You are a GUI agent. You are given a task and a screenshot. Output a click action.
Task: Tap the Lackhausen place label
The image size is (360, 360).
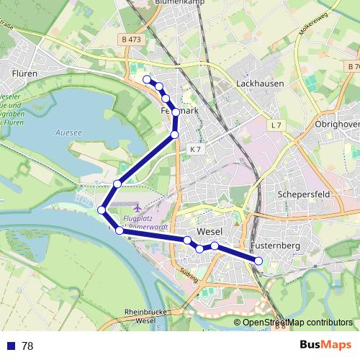point(260,84)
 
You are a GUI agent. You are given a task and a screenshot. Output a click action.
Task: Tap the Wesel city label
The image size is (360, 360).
point(209,232)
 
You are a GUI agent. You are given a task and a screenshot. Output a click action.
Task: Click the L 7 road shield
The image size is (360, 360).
point(277,126)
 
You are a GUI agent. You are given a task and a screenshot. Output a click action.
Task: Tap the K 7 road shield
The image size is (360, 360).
point(197,149)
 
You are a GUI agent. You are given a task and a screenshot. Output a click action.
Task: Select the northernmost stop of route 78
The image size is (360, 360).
point(147,79)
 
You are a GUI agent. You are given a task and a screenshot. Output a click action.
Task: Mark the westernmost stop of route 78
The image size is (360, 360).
point(102,210)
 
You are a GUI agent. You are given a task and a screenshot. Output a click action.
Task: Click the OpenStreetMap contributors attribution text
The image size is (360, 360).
point(297,323)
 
